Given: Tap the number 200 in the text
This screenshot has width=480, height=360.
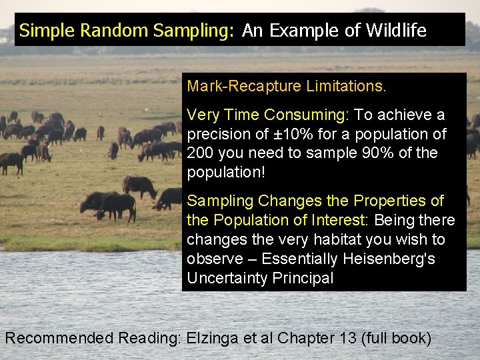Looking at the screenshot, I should point(201,153).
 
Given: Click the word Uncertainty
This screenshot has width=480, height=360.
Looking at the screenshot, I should point(227,278).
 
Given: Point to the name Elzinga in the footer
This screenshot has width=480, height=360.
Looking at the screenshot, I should point(211,339).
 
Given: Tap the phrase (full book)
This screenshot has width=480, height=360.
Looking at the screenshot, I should point(397,339).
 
